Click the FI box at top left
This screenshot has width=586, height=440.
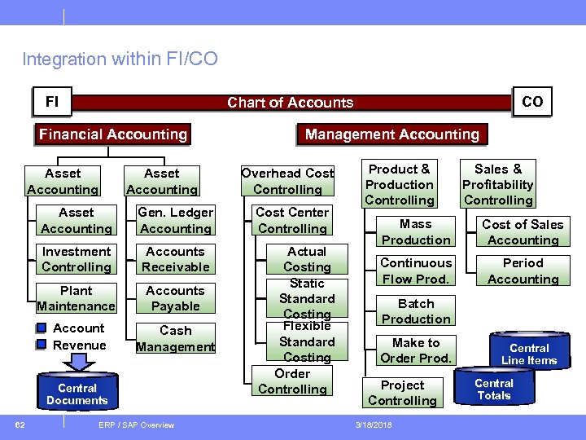[52, 102]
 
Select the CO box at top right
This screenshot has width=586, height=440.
[532, 102]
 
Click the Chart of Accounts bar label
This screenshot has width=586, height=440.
[290, 103]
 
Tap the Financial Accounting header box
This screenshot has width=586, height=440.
[113, 134]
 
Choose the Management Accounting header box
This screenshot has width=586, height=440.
[392, 134]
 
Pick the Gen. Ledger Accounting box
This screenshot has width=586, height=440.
[175, 221]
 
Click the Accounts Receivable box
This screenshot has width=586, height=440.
[175, 259]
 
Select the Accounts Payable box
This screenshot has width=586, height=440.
[175, 298]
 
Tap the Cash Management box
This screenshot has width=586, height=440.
[175, 338]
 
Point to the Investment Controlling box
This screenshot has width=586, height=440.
[77, 259]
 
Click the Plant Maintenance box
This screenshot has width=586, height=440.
[77, 298]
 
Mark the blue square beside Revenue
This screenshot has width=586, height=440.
[42, 345]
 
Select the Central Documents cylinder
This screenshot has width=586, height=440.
[77, 394]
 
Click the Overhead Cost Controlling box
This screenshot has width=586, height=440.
[287, 181]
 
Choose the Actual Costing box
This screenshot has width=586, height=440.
[307, 259]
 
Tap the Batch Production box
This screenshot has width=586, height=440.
[416, 311]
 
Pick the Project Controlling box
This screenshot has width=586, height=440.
[402, 393]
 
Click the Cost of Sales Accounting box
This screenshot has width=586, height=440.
[523, 232]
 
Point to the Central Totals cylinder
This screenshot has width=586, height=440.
[494, 389]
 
